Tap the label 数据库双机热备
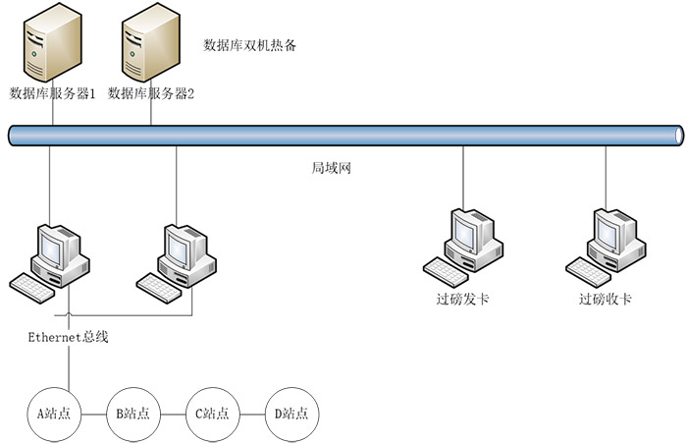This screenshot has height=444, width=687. click(x=249, y=45)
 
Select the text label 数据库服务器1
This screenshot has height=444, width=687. click(x=52, y=94)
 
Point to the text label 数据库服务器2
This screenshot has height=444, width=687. click(x=151, y=94)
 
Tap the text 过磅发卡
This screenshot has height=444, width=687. click(x=462, y=299)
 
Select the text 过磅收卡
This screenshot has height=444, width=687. click(x=605, y=299)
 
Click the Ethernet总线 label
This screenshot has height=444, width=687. click(x=68, y=338)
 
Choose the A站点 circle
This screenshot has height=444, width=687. click(x=53, y=414)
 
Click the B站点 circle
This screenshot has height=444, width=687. click(x=132, y=414)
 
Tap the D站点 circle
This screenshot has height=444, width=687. click(x=291, y=414)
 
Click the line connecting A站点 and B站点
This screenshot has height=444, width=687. click(x=93, y=414)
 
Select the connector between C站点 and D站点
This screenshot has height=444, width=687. click(x=252, y=414)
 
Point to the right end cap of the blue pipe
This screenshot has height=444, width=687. click(x=678, y=136)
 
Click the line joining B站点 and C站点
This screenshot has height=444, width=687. click(x=173, y=414)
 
